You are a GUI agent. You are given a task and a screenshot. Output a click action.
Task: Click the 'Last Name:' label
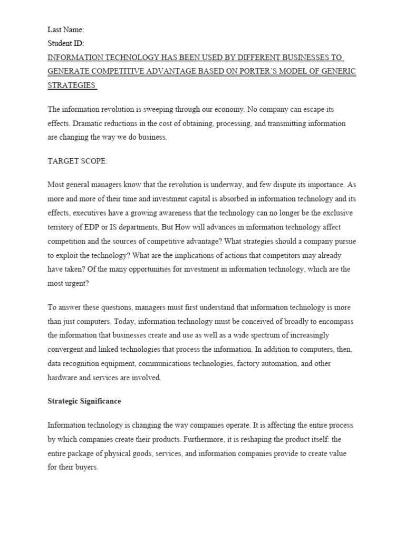(x=66, y=30)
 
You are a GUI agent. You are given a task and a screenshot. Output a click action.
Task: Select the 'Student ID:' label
(x=66, y=44)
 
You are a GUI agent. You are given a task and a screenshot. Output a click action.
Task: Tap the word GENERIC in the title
(x=336, y=71)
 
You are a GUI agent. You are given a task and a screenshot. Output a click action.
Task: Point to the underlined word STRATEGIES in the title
(x=72, y=85)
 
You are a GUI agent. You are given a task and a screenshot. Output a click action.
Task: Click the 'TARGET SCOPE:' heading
(x=78, y=161)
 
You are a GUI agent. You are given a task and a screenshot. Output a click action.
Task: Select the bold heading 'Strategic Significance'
(x=84, y=401)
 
